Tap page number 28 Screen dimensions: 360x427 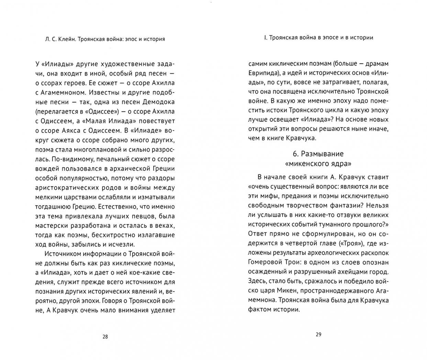[x=105, y=337]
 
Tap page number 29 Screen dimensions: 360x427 [x=318, y=335]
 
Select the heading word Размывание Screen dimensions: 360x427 [x=322, y=154]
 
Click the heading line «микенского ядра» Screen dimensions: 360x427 [x=318, y=164]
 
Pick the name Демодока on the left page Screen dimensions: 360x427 [x=159, y=102]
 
